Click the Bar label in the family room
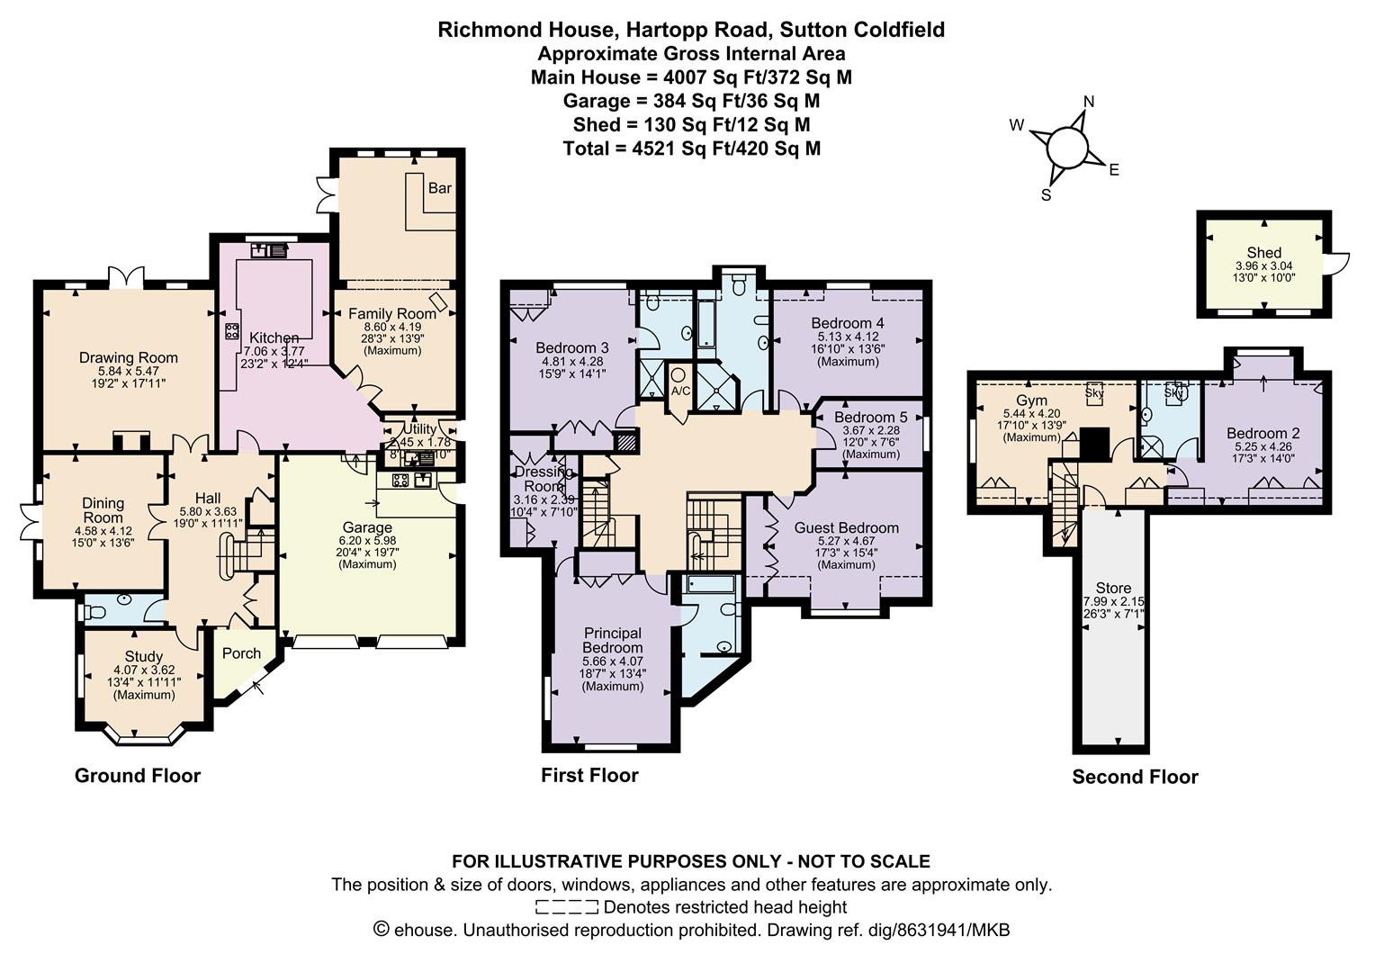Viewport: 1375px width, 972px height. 439,188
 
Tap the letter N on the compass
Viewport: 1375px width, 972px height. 1088,102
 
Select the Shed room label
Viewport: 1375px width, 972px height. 1263,253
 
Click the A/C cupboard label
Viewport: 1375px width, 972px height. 680,391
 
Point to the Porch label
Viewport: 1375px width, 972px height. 241,653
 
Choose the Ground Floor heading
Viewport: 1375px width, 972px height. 137,776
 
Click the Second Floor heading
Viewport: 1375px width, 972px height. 1135,777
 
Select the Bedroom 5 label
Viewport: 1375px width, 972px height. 870,418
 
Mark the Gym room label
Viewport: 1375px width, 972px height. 1031,400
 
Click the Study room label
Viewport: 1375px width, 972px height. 144,656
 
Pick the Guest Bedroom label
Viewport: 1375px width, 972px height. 846,527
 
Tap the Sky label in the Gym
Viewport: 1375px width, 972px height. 1094,392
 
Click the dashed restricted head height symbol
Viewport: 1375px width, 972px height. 566,906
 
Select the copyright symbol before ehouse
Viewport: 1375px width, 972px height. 381,930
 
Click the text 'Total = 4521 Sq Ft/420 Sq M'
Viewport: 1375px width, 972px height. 691,148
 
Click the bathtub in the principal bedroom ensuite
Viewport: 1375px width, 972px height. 709,585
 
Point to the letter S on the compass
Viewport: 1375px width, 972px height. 1046,194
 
